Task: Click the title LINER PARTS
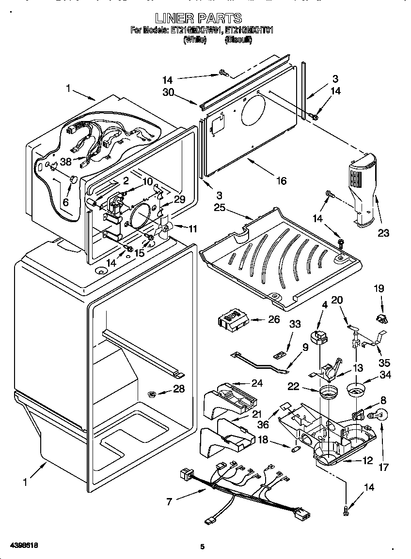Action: [203, 18]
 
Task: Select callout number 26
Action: [274, 319]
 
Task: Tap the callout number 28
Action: [179, 389]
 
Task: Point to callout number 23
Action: [383, 233]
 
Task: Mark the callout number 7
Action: [169, 501]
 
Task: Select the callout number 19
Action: [379, 289]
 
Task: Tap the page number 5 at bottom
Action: [203, 547]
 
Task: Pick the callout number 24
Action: [257, 383]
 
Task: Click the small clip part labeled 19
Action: [382, 318]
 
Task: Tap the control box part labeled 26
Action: [234, 320]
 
